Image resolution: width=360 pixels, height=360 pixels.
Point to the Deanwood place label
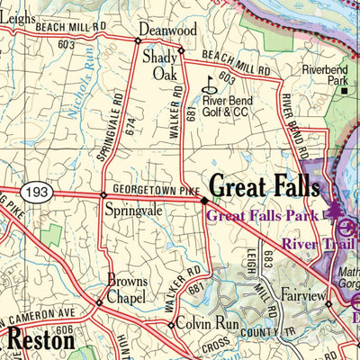point(167,30)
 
